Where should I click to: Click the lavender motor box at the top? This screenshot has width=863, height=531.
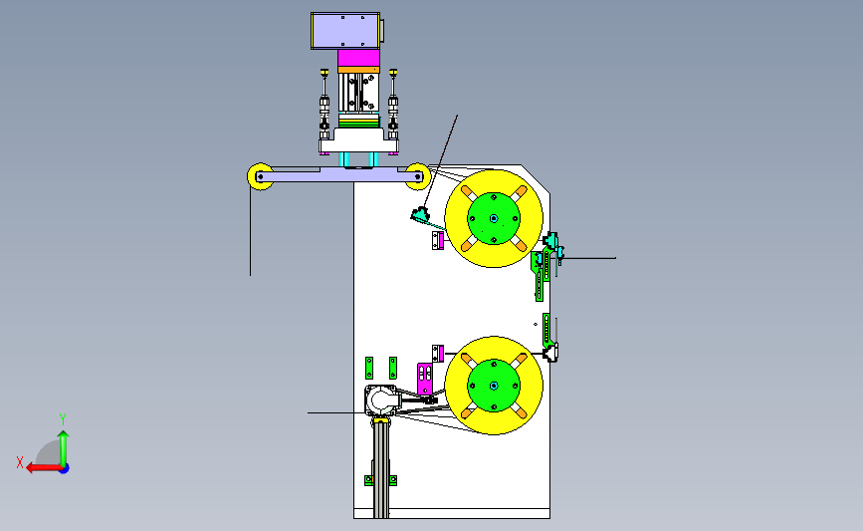(345, 31)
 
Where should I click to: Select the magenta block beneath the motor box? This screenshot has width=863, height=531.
(358, 58)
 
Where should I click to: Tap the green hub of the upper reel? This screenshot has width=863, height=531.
(494, 218)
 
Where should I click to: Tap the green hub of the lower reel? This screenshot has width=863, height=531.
(494, 386)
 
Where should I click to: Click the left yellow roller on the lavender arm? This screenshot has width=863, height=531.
(260, 176)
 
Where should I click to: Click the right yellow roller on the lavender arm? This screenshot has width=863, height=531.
(418, 176)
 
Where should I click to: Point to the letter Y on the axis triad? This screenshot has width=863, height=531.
(63, 419)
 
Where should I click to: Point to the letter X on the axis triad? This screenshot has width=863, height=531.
(20, 462)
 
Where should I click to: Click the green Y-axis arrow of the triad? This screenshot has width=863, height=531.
(64, 448)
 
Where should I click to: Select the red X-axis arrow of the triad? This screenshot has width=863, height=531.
(44, 468)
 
